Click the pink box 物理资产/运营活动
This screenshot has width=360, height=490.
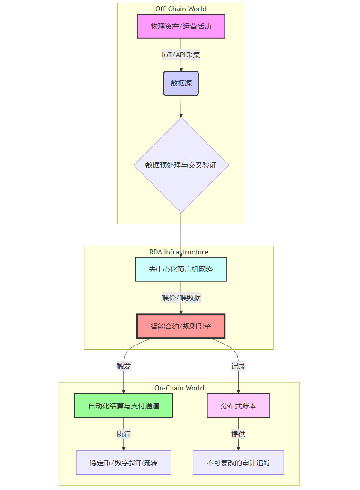pyautogui.click(x=181, y=26)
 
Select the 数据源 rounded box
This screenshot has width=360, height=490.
pyautogui.click(x=181, y=83)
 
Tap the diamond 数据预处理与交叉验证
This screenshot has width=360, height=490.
pyautogui.click(x=181, y=165)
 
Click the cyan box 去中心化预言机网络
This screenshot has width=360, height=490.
pyautogui.click(x=181, y=269)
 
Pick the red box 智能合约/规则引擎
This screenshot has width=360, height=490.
pyautogui.click(x=181, y=326)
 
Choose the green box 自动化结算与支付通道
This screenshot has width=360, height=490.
pyautogui.click(x=124, y=406)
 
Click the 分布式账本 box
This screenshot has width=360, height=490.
pyautogui.click(x=238, y=406)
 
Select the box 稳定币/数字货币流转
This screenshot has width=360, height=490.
pyautogui.click(x=124, y=463)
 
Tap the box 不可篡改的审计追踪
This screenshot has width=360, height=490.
pyautogui.click(x=238, y=463)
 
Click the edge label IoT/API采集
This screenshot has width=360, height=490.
pyautogui.click(x=181, y=55)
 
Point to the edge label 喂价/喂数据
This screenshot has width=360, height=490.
pyautogui.click(x=181, y=298)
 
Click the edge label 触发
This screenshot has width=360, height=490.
pyautogui.click(x=124, y=366)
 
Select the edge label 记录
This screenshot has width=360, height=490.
pyautogui.click(x=238, y=366)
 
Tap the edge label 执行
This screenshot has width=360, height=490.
pyautogui.click(x=124, y=434)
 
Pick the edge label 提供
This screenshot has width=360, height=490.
pyautogui.click(x=238, y=434)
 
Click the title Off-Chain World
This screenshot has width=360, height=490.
pyautogui.click(x=181, y=9)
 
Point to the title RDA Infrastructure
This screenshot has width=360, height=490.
pyautogui.click(x=179, y=252)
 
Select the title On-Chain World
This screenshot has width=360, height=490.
pyautogui.click(x=179, y=388)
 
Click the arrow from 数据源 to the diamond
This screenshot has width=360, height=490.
pyautogui.click(x=181, y=107)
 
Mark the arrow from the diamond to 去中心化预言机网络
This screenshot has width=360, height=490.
pyautogui.click(x=181, y=235)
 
